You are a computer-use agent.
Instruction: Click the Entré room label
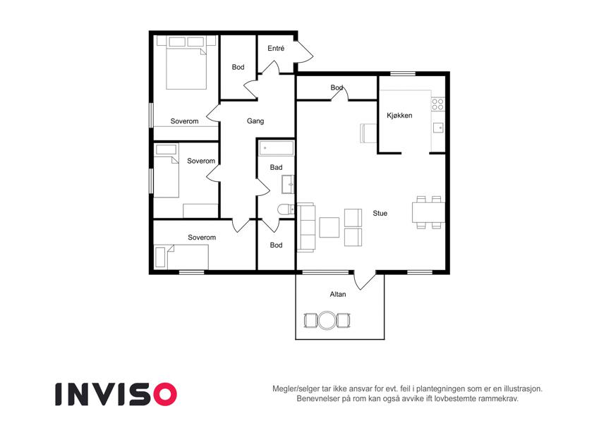tap(276, 49)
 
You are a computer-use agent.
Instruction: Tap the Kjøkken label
tap(399, 116)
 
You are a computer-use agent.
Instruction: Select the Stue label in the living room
tap(380, 214)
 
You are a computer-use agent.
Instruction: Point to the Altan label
tap(338, 295)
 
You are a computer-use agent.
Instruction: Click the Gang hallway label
tap(255, 121)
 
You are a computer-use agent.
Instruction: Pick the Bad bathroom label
tap(276, 167)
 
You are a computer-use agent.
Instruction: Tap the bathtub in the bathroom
tap(276, 148)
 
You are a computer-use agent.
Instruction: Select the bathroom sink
tap(288, 184)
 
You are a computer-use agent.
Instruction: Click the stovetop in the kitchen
tap(438, 104)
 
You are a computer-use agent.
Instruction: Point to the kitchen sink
tap(439, 128)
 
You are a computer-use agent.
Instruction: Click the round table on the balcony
tap(327, 320)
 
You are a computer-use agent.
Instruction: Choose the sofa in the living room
tap(306, 227)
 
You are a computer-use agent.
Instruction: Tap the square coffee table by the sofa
tap(329, 228)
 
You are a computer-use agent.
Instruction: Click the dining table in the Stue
tap(428, 212)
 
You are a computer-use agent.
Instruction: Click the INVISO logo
tap(116, 394)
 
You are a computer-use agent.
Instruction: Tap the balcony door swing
tap(364, 280)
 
